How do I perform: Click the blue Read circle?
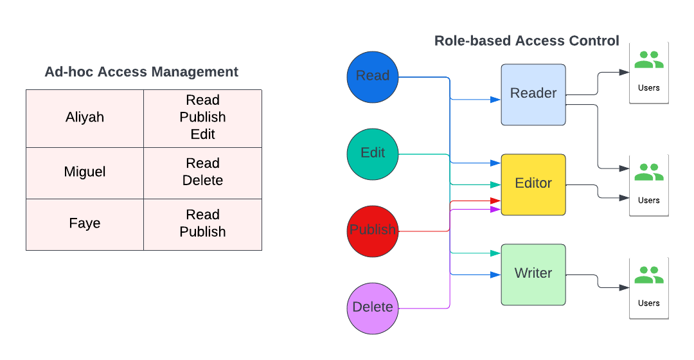click(x=373, y=76)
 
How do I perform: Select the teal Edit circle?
click(x=373, y=154)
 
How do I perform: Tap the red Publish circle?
click(x=373, y=231)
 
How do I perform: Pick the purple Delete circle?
click(x=373, y=308)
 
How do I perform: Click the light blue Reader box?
click(x=533, y=94)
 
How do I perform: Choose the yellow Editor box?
click(x=533, y=184)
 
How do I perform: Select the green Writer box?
click(x=533, y=274)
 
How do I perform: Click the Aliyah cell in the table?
click(x=85, y=118)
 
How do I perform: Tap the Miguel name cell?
click(x=85, y=172)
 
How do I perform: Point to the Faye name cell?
click(x=85, y=224)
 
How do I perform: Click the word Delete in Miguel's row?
click(x=202, y=181)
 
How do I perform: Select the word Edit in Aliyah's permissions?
click(x=202, y=134)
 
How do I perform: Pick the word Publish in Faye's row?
click(x=202, y=232)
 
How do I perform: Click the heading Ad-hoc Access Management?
click(x=141, y=72)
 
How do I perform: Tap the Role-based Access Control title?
click(x=527, y=41)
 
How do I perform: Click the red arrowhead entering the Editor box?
click(x=495, y=201)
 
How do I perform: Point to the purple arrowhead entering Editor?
click(x=495, y=209)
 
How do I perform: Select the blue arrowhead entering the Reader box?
click(x=495, y=100)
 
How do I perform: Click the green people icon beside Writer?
click(x=648, y=275)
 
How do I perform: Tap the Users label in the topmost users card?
click(x=648, y=87)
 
